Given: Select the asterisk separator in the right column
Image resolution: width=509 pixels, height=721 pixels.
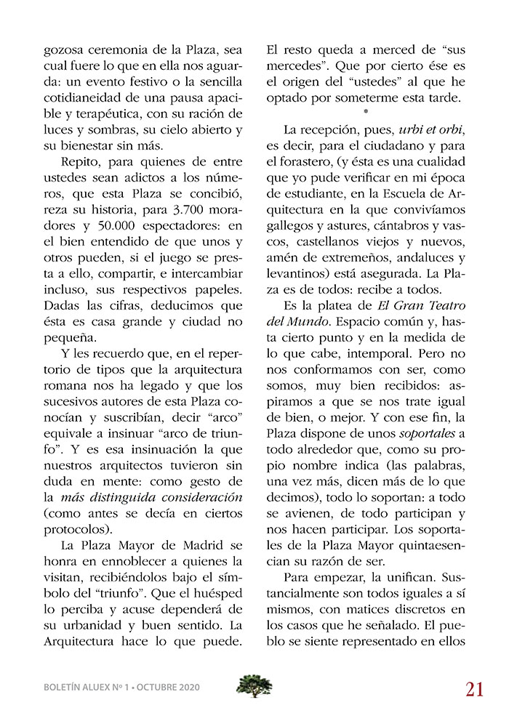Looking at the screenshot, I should click(x=365, y=113).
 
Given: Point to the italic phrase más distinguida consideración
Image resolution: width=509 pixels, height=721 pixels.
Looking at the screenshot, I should click(x=151, y=498).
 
